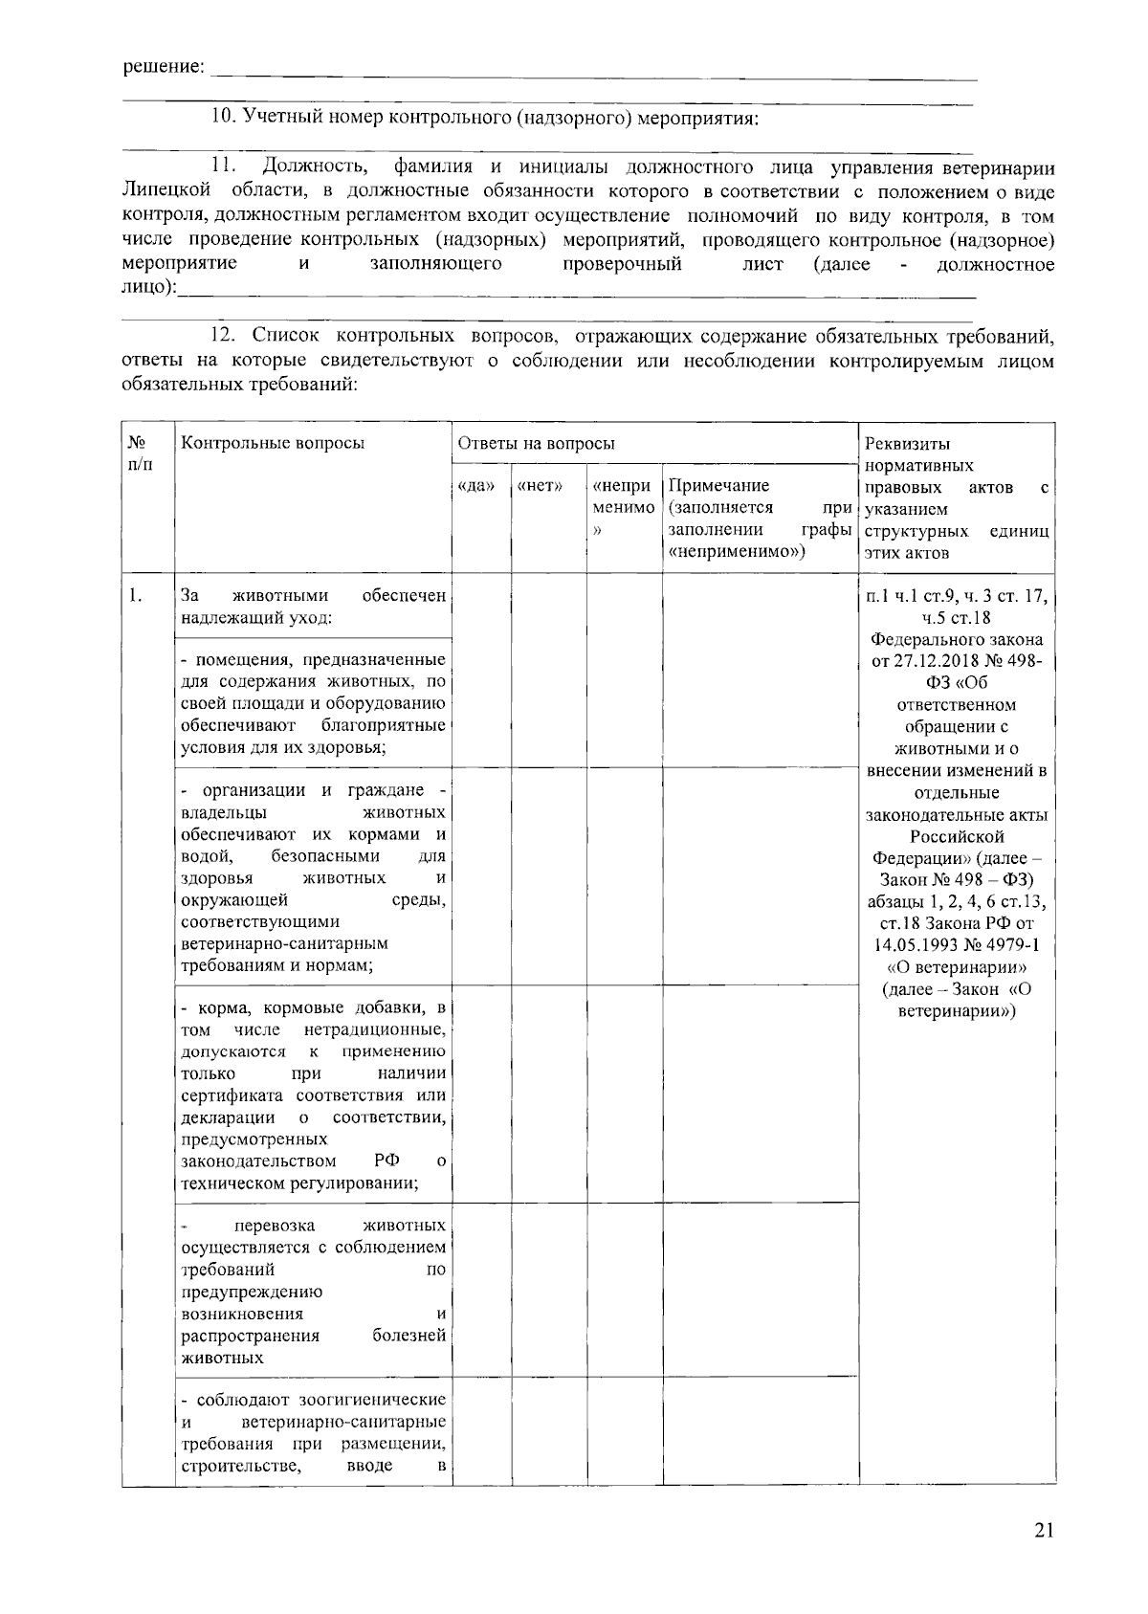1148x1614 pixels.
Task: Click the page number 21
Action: tap(1043, 1530)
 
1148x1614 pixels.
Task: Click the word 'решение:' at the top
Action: tap(164, 67)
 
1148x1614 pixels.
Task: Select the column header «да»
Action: tap(476, 486)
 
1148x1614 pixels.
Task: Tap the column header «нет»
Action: tap(540, 486)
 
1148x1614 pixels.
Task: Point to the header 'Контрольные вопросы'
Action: tap(273, 443)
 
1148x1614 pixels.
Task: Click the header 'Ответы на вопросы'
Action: tap(536, 443)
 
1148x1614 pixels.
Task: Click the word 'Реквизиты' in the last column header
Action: tap(907, 444)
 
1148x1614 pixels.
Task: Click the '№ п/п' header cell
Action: tap(139, 453)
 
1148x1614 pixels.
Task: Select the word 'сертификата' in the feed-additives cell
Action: tap(233, 1095)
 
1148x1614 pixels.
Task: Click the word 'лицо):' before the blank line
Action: tap(150, 287)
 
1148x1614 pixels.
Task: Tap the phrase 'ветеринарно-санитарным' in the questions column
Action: tap(284, 943)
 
